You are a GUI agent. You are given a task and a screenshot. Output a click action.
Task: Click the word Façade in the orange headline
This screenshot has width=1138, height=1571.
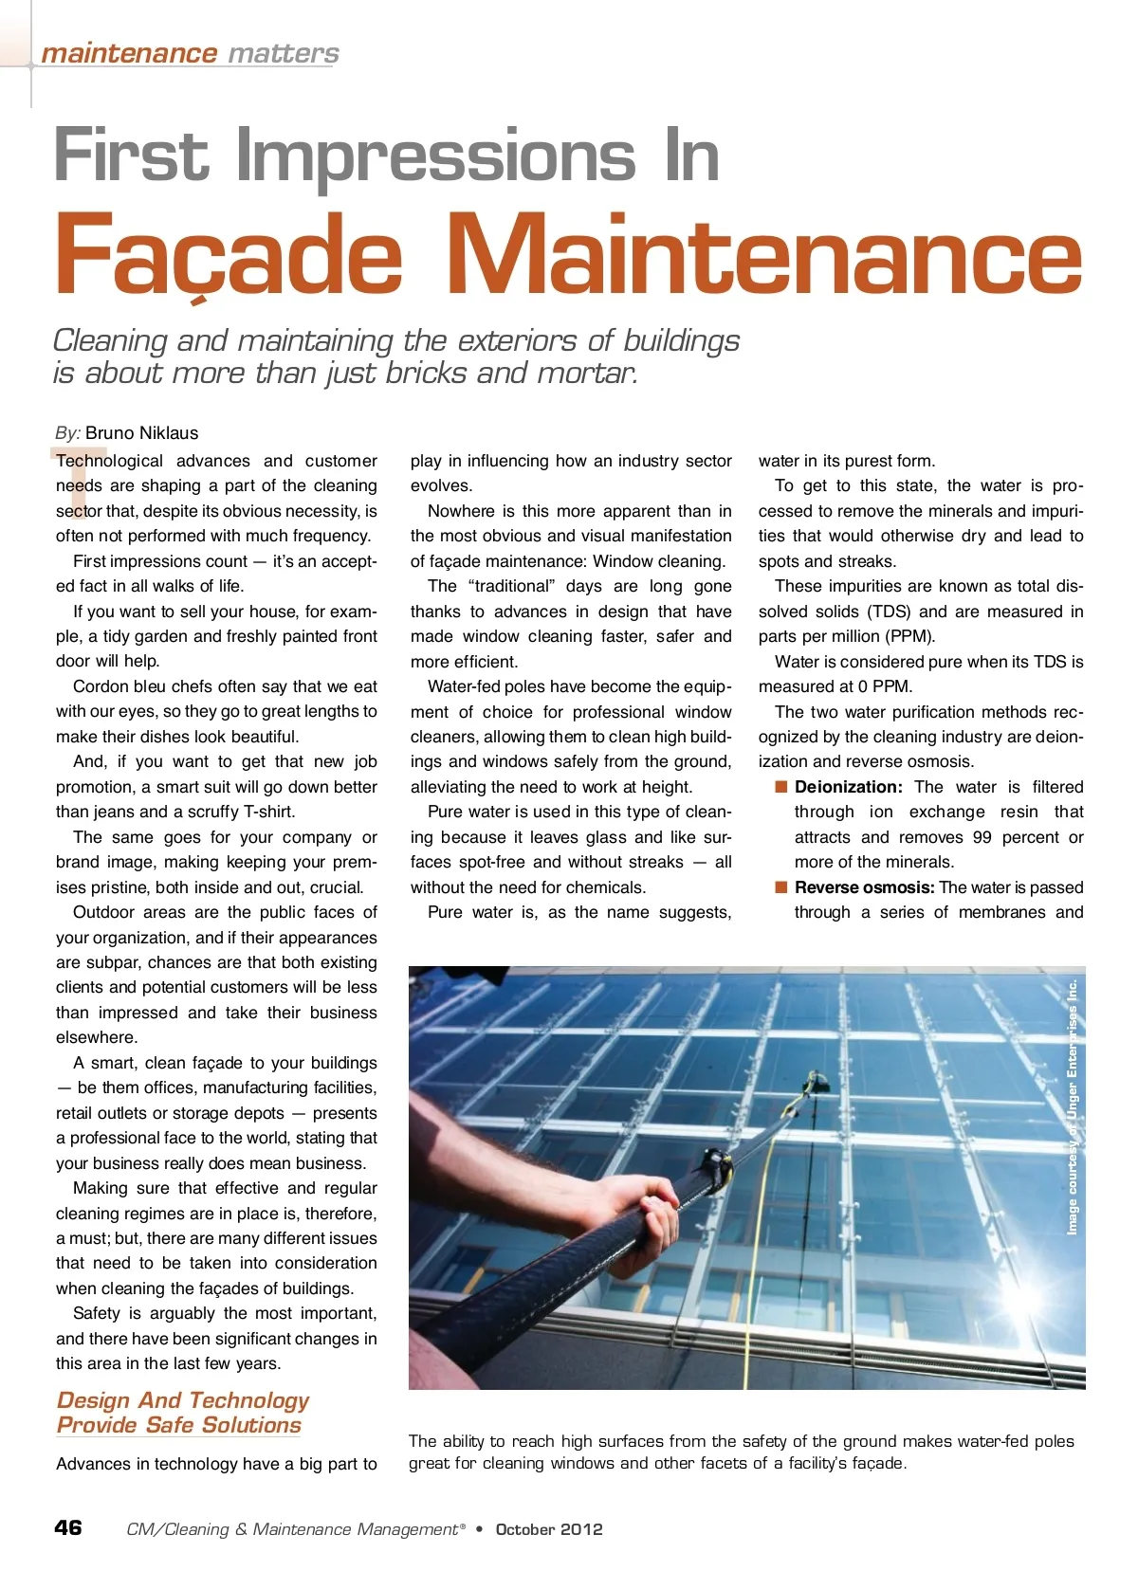pos(229,254)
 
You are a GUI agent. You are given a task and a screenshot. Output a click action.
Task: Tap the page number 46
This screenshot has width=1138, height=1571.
pos(68,1527)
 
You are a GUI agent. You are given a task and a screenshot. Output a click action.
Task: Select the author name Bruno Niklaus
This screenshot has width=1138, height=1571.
pos(141,433)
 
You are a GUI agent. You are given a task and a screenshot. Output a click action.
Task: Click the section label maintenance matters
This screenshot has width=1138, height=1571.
pos(190,54)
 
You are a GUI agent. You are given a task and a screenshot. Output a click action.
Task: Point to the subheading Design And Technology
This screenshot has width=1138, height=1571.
pos(183,1400)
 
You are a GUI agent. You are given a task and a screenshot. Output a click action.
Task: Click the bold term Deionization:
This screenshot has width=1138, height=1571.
pos(848,787)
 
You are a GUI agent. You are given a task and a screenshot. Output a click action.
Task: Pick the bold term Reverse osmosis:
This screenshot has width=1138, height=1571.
pos(864,887)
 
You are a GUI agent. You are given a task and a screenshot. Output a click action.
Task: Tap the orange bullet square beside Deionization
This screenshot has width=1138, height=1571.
pos(781,786)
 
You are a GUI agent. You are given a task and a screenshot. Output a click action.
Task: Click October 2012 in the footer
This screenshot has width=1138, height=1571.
pos(549,1529)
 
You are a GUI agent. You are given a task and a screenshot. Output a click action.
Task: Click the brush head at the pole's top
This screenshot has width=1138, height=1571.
pos(813,1080)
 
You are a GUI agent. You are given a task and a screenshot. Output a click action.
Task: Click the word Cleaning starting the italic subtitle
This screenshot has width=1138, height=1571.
pos(110,340)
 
